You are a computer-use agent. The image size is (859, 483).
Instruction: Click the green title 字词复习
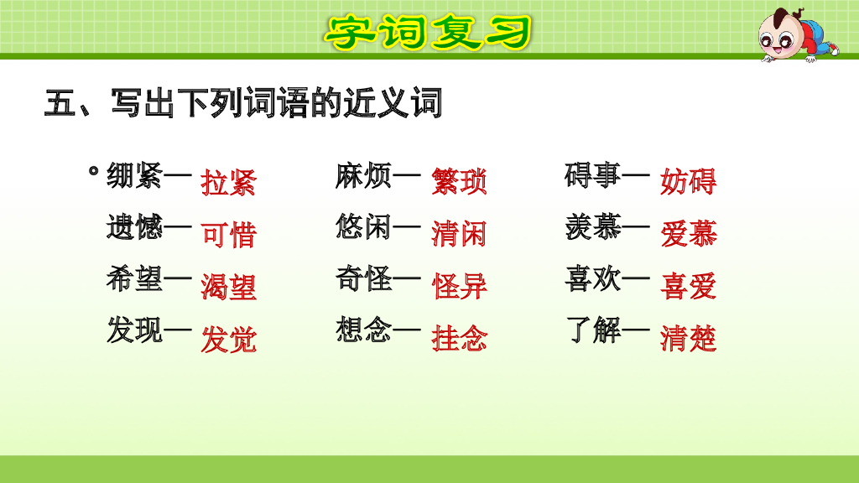point(429,32)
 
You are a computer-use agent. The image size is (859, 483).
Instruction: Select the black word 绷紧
point(134,177)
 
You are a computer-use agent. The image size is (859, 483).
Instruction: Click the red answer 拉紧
point(228,182)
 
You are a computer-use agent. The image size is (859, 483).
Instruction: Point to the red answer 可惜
point(228,235)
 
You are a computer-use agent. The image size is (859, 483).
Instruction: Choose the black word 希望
point(134,279)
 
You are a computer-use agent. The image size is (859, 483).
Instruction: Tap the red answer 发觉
point(228,340)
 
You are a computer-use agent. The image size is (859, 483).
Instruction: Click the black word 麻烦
point(363,177)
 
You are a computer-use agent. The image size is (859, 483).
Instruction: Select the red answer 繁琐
point(459,182)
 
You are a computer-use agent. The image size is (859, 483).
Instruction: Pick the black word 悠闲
point(363,228)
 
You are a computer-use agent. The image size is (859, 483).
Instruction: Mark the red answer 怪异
point(459,287)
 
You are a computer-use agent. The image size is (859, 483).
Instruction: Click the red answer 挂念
point(459,340)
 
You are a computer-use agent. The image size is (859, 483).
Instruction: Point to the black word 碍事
point(593,177)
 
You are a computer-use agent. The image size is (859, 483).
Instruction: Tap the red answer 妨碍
point(688,182)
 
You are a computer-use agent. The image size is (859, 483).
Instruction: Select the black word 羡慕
point(593,228)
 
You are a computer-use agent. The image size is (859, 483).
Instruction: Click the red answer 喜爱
point(688,287)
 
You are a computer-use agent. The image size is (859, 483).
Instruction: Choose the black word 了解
point(593,330)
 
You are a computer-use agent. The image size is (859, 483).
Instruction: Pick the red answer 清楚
point(688,340)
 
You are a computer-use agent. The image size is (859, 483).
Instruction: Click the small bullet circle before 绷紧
point(93,172)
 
